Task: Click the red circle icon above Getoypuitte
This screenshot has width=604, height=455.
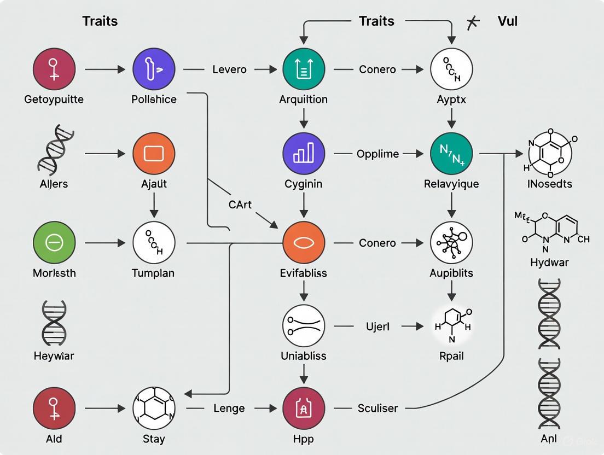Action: coord(54,69)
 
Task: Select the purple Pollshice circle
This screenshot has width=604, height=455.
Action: coord(154,69)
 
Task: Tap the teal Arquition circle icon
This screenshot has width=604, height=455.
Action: coord(304,69)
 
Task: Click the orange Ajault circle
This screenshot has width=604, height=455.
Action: coord(154,154)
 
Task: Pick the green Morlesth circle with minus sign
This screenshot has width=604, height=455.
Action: coord(54,243)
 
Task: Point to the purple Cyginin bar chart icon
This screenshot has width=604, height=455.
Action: coord(304,154)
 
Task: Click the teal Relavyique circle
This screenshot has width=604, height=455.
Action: coord(451,154)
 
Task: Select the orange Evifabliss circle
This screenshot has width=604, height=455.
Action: coord(304,243)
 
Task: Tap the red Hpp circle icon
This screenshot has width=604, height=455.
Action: coord(304,409)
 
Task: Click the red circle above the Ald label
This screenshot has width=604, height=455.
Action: coord(54,409)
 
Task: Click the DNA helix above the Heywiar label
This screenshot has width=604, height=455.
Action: coord(54,323)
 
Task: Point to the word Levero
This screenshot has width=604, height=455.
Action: coord(229,69)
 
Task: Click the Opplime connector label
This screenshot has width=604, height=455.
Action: coord(377,154)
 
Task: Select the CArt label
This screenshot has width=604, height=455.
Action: coord(241,205)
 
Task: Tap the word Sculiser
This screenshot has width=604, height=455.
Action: coord(377,409)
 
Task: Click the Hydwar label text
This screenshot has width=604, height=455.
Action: coord(549,262)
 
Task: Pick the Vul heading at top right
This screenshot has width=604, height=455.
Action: coord(507,21)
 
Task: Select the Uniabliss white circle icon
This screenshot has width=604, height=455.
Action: coord(304,326)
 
